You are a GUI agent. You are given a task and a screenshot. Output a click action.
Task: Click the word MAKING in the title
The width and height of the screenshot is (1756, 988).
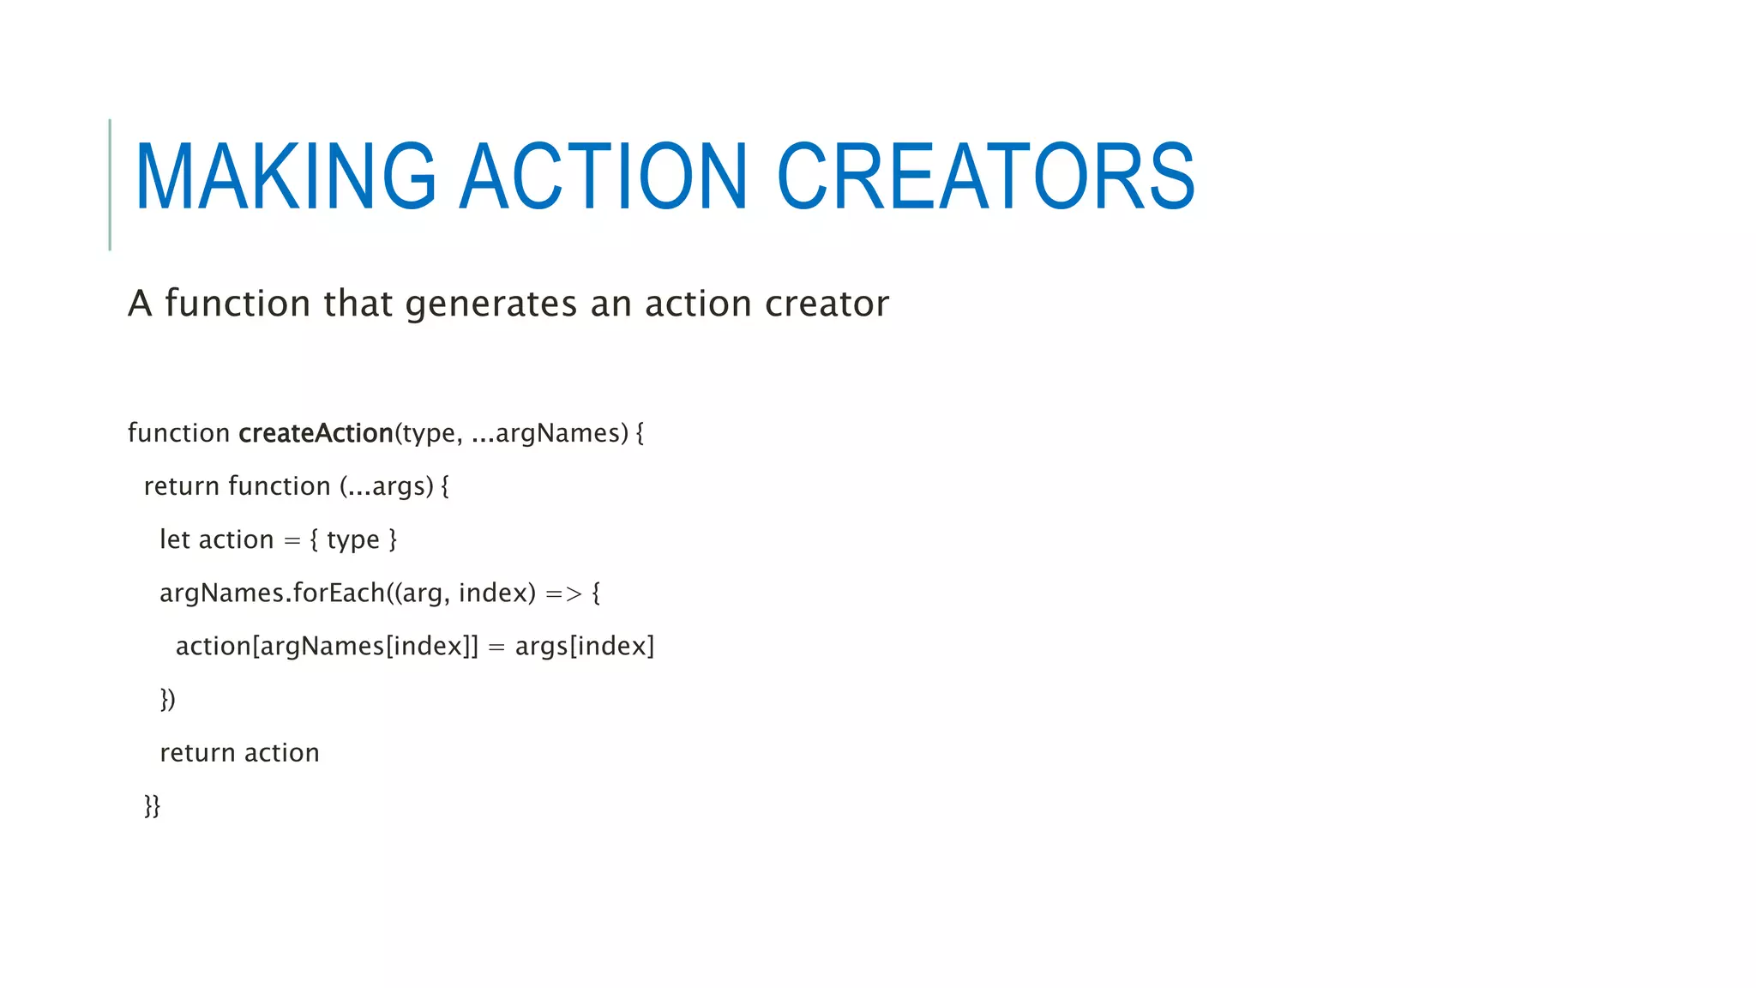click(286, 177)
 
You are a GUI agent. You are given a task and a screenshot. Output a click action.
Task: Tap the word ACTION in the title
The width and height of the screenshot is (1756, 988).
click(604, 177)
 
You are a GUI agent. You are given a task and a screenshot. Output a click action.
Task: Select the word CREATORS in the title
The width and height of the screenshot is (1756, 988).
click(986, 177)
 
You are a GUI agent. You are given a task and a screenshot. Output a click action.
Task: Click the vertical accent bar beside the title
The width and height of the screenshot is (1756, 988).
click(110, 184)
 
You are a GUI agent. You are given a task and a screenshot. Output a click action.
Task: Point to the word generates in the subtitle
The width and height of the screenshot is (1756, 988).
click(490, 304)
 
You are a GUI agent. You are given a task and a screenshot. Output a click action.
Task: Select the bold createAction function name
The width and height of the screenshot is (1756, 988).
click(316, 433)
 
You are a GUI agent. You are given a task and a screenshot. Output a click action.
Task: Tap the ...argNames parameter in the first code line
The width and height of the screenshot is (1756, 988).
click(550, 433)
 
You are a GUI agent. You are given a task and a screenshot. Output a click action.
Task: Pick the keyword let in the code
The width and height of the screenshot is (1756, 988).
click(174, 539)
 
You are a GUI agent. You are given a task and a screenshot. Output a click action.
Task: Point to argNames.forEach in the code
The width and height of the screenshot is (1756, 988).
click(272, 593)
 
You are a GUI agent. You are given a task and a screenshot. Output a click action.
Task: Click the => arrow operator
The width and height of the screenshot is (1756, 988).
click(563, 593)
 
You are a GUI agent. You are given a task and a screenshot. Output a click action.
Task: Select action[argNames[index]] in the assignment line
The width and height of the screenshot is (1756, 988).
click(327, 647)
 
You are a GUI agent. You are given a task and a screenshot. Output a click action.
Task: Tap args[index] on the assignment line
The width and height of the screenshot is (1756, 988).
click(584, 647)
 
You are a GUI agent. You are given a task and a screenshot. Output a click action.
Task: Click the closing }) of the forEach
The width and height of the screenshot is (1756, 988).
click(167, 700)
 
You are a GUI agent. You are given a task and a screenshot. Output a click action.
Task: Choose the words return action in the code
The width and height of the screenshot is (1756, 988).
click(239, 753)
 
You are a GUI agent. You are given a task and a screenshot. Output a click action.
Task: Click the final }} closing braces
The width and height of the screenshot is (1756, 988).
click(152, 806)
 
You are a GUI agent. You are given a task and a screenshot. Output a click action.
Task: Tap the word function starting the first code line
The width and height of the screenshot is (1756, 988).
click(178, 433)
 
